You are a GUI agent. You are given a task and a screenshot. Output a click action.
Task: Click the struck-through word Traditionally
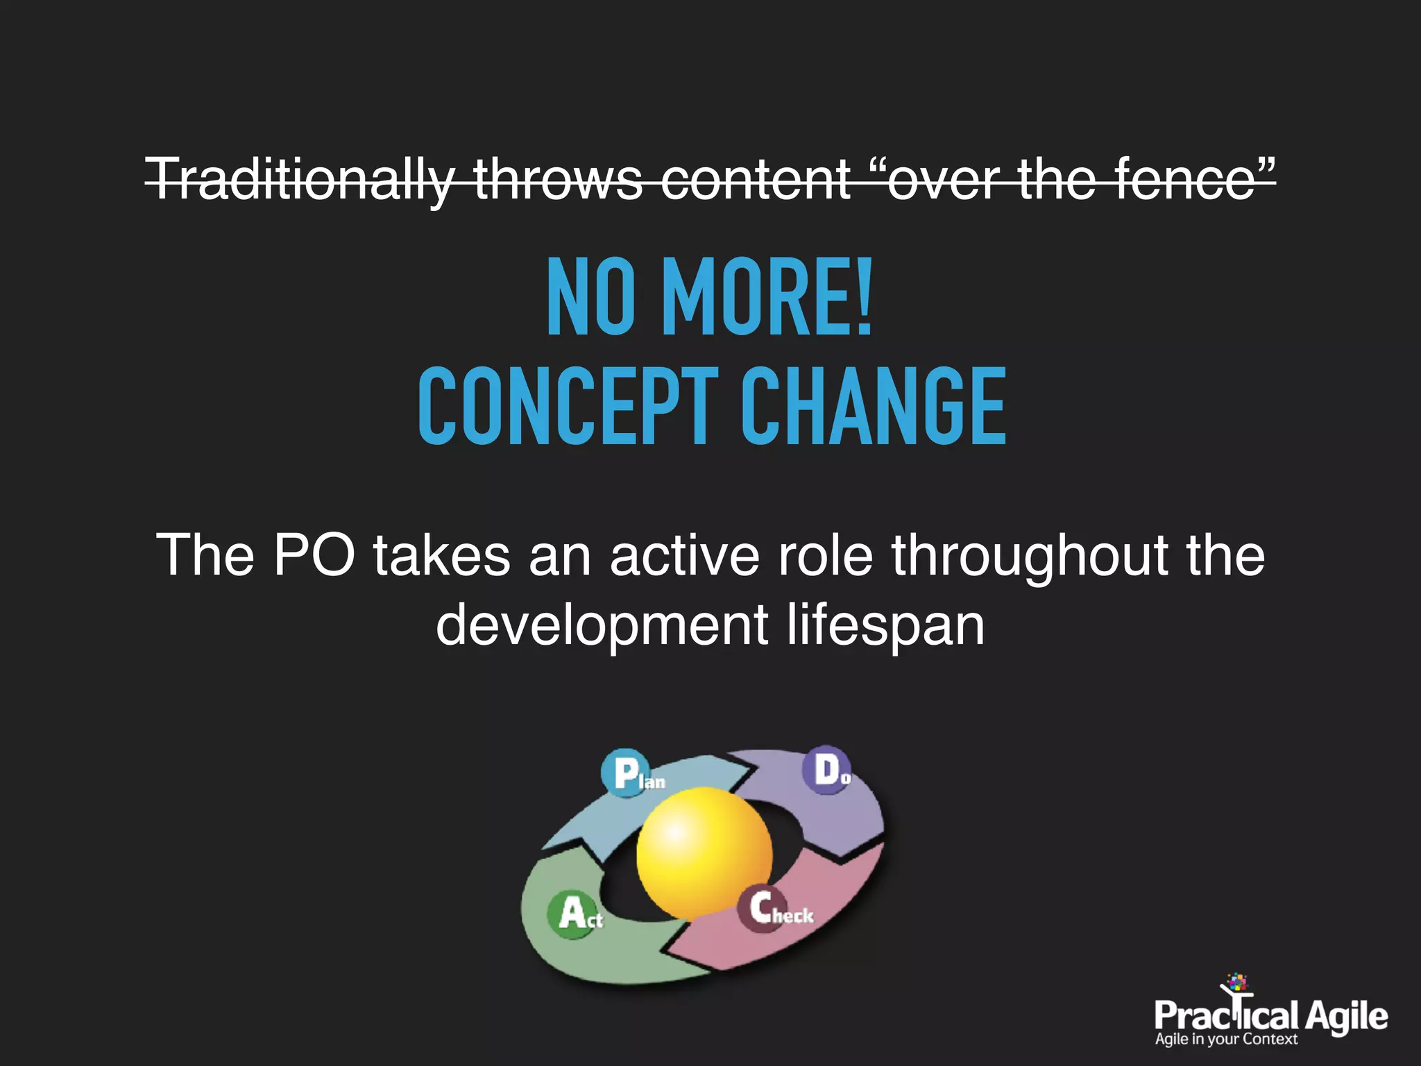[x=300, y=180]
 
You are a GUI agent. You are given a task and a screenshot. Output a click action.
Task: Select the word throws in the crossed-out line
[x=558, y=180]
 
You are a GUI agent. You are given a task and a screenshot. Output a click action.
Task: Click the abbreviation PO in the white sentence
[x=314, y=555]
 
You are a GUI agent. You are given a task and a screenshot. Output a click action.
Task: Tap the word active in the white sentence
[x=685, y=555]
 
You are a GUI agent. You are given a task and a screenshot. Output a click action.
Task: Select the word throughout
[x=1030, y=555]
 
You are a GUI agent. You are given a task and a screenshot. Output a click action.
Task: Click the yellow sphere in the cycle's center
[x=704, y=852]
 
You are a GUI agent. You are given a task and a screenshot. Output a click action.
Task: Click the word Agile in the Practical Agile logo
[x=1346, y=1017]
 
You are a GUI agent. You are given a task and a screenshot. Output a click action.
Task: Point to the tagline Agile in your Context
[x=1225, y=1040]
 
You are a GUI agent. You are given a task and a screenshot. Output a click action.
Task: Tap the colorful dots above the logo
[x=1236, y=983]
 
